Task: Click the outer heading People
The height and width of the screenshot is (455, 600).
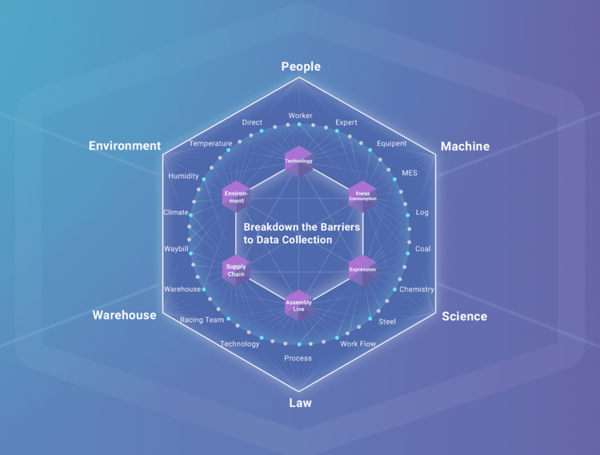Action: (301, 66)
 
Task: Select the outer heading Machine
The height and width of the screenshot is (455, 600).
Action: (465, 146)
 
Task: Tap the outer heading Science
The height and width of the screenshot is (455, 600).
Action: (464, 316)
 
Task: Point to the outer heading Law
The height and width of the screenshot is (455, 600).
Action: (300, 402)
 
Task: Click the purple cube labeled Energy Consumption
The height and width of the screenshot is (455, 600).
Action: (362, 194)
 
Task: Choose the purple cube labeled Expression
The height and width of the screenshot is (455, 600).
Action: (362, 269)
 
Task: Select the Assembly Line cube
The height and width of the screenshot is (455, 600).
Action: (298, 305)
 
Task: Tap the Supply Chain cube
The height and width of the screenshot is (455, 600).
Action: (236, 269)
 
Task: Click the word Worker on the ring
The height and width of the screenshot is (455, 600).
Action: (301, 116)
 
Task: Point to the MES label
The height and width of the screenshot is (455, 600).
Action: (410, 173)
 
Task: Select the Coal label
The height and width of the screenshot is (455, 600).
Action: (422, 249)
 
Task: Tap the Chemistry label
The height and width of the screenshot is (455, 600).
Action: (416, 289)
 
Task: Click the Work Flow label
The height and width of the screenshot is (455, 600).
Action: (358, 344)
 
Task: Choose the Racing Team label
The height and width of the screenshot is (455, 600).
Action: (202, 320)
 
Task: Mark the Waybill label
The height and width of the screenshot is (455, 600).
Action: (176, 249)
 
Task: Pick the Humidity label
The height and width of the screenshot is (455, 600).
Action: (183, 176)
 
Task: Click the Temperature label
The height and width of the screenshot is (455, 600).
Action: (210, 144)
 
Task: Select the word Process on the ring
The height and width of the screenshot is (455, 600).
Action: (298, 358)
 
